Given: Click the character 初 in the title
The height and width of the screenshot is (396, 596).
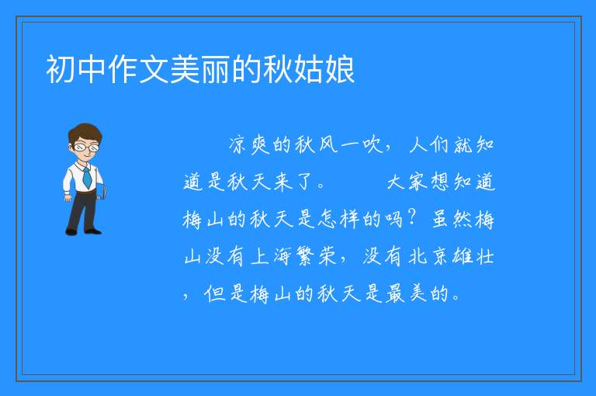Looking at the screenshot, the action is coord(61,69).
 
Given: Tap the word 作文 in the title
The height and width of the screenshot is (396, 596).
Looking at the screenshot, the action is coord(138,69).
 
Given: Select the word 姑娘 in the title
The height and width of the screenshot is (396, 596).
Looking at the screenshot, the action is coord(324,69).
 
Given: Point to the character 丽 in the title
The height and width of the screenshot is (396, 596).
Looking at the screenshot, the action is coord(215,69).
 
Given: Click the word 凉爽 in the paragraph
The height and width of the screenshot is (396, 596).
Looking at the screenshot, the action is coord(249,144).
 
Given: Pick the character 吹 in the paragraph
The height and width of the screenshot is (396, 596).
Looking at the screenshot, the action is coord(372,144).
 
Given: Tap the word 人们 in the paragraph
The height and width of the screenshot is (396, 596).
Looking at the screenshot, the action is coord(429,144).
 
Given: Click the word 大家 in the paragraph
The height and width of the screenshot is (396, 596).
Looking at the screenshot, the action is coord(407,182).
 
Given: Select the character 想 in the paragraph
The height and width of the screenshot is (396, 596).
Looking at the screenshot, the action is coord(441,182).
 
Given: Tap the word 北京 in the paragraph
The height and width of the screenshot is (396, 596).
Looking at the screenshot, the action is coord(428,256).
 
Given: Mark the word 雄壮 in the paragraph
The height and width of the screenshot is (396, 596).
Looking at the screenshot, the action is coord(473,256).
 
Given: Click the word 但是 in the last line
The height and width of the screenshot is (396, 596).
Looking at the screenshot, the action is coord(225,294).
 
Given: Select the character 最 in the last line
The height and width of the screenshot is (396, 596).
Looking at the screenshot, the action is coord(395,294).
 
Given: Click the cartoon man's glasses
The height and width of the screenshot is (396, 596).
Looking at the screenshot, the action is coord(87,147).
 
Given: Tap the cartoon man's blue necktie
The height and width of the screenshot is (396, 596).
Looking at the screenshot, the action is coord(87,177).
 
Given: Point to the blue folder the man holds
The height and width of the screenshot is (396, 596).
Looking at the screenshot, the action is coord(101,191).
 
